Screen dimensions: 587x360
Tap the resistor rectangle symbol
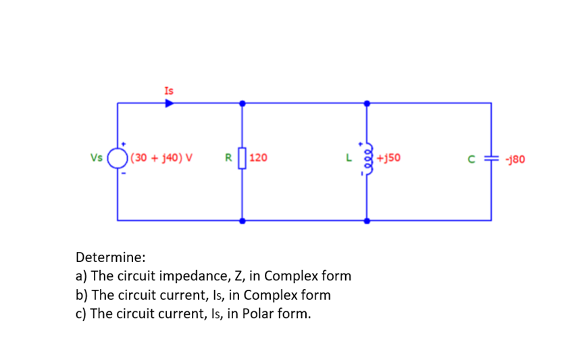[243, 158]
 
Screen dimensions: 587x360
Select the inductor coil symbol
[368, 159]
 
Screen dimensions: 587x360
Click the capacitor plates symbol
[492, 159]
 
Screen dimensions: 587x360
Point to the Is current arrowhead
[170, 103]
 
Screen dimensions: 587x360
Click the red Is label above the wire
[169, 91]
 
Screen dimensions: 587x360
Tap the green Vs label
[96, 157]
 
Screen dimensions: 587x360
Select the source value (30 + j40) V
[161, 157]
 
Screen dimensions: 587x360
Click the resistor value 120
[258, 157]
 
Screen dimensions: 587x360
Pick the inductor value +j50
[388, 157]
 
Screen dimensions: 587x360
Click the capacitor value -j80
[515, 159]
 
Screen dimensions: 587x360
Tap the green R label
[228, 157]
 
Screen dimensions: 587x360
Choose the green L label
[349, 157]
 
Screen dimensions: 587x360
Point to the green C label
[471, 159]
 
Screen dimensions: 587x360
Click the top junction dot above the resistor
[243, 103]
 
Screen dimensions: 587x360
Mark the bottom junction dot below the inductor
[367, 221]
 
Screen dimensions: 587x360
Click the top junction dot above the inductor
[367, 103]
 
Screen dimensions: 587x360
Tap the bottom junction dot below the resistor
[243, 221]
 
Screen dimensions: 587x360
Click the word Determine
[110, 257]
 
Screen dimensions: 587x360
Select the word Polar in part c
[257, 313]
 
